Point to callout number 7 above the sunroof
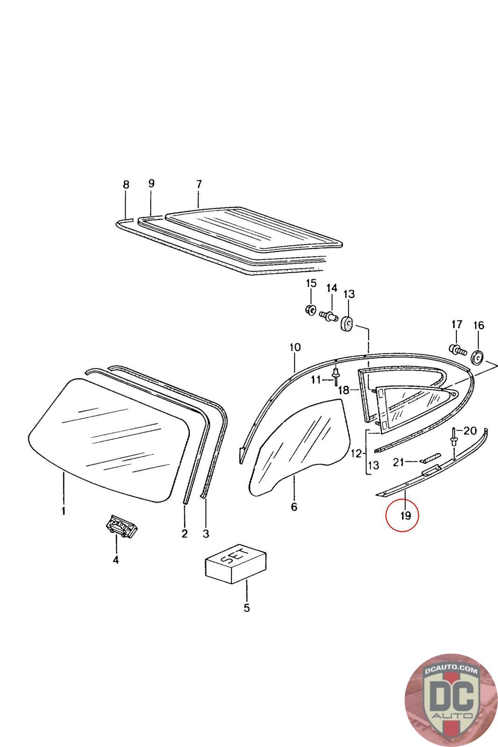[199, 184]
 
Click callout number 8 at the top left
[126, 184]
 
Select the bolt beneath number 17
[457, 349]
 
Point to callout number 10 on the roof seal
[295, 347]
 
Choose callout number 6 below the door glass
[294, 507]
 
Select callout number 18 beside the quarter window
[344, 390]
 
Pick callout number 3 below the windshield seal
[206, 534]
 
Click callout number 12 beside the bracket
[357, 453]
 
